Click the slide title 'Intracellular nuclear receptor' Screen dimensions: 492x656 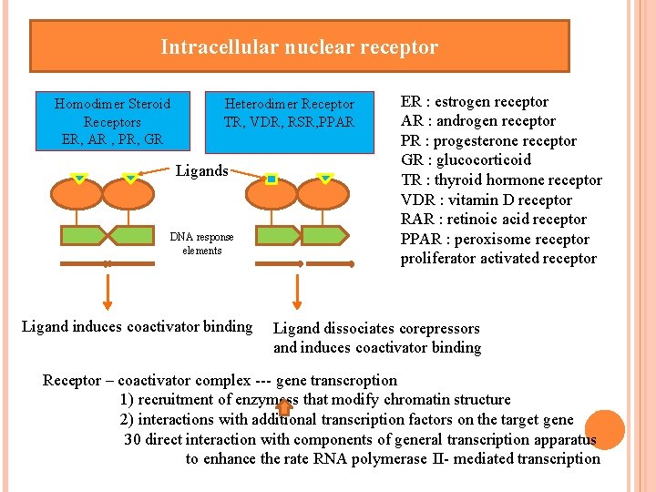pyautogui.click(x=299, y=47)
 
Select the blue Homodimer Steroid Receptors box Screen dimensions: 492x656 pyautogui.click(x=112, y=121)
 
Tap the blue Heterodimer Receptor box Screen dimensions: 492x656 pyautogui.click(x=289, y=115)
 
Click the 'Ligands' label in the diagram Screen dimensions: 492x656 pyautogui.click(x=201, y=170)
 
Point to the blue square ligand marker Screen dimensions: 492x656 pyautogui.click(x=271, y=180)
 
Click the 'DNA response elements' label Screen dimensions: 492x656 pyautogui.click(x=201, y=243)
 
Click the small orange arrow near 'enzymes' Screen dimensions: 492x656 pyautogui.click(x=283, y=407)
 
